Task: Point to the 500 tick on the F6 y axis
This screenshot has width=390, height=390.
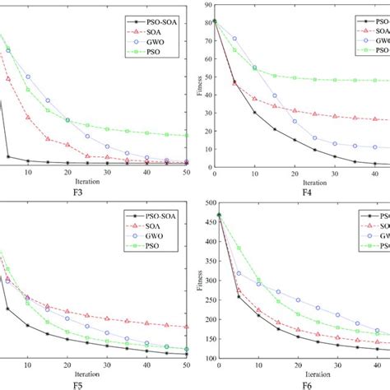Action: pyautogui.click(x=206, y=202)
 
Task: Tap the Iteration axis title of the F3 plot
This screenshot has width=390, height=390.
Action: pyautogui.click(x=97, y=181)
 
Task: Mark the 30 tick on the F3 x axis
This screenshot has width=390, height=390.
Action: pyautogui.click(x=107, y=172)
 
